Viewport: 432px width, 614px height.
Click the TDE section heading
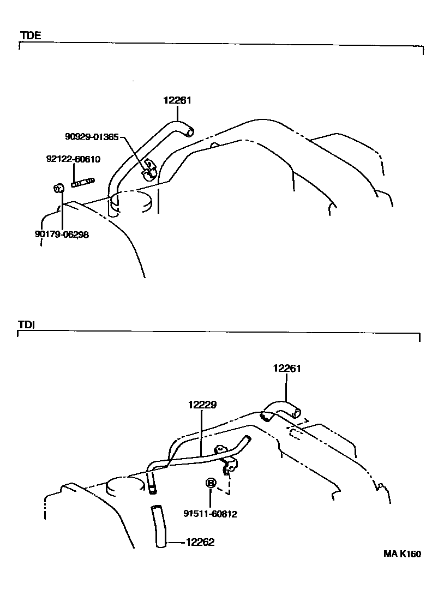30,36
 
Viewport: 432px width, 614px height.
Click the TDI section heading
27,324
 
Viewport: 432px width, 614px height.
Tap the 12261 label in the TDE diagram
177,100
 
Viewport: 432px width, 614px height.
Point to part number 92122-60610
73,159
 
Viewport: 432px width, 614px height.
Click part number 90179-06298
62,234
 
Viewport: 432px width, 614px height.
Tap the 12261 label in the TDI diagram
287,369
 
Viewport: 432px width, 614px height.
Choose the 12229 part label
202,405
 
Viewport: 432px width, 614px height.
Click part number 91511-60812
210,514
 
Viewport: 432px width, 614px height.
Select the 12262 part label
200,542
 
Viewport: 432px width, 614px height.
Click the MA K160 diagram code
402,554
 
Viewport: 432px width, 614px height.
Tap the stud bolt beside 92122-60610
83,182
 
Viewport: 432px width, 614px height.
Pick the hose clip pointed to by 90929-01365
148,170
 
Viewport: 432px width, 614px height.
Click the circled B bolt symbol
210,483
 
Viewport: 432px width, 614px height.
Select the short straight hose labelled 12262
158,526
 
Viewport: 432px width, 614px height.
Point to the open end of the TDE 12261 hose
189,132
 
